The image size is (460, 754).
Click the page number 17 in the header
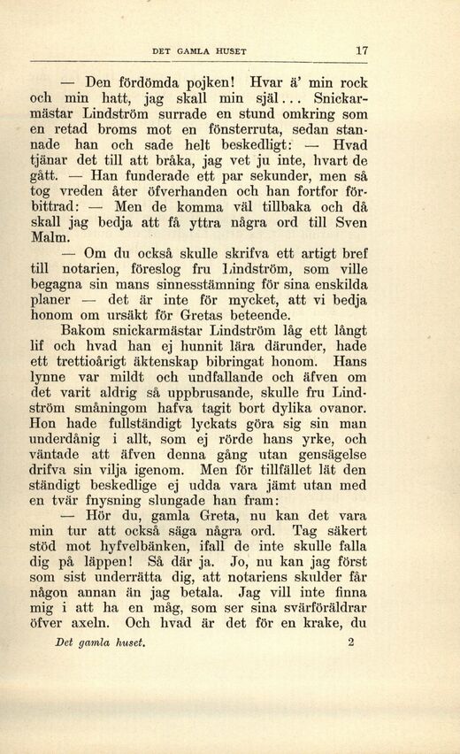360,50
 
